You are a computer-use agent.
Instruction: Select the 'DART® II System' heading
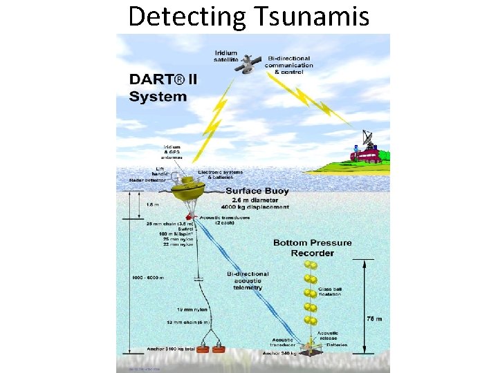point(163,87)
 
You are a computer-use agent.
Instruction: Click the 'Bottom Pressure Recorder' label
point(312,247)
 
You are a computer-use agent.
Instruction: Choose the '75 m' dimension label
point(373,319)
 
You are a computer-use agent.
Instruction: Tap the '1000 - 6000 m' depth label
point(147,278)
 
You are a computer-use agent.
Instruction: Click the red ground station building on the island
point(365,156)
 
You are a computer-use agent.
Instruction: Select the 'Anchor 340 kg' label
point(279,353)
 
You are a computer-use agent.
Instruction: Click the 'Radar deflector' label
point(145,180)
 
